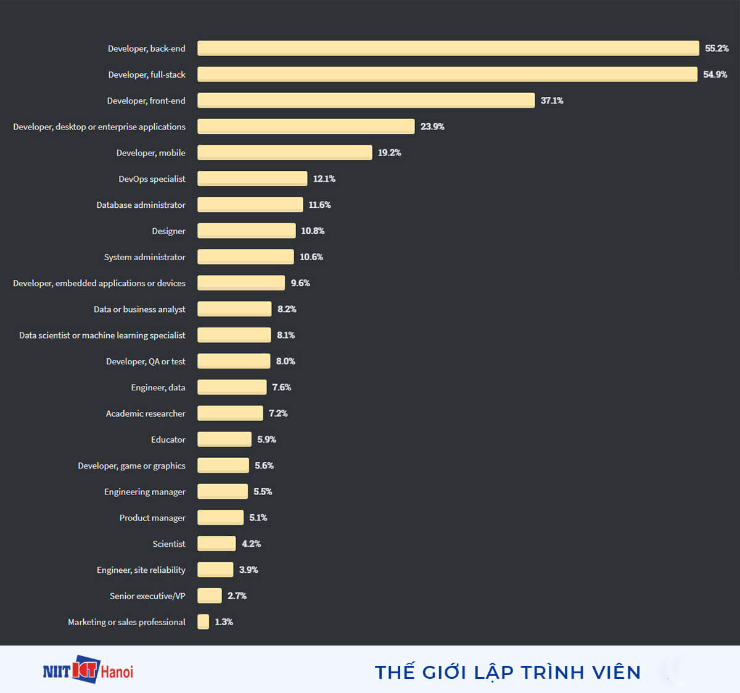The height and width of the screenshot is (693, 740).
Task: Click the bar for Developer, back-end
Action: (448, 48)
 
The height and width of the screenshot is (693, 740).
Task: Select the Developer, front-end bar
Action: (366, 100)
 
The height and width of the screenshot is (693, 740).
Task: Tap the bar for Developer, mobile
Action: (284, 152)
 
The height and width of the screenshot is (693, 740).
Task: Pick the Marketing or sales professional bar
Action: (203, 621)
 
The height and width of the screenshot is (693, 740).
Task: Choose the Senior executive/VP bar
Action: (209, 596)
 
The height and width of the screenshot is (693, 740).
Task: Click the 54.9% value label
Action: (715, 74)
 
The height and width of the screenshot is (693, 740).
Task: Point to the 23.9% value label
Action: (432, 126)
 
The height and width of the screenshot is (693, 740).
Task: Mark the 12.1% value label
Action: (324, 179)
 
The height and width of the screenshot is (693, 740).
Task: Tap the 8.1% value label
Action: (286, 335)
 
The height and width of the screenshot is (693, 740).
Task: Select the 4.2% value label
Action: (251, 543)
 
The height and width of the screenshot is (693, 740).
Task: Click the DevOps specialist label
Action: (152, 179)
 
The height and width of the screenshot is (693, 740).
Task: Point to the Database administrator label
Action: (141, 205)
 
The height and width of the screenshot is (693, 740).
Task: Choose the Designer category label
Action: (168, 231)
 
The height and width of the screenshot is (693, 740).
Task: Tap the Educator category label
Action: (168, 440)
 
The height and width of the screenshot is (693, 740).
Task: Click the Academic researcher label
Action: (146, 413)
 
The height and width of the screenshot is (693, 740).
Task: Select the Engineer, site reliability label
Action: (141, 570)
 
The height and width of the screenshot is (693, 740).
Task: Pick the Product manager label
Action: (152, 518)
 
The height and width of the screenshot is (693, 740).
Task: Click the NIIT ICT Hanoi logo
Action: (88, 670)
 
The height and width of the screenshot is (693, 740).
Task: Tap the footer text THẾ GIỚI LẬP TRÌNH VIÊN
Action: (508, 672)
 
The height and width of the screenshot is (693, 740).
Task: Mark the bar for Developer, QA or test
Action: (234, 361)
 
